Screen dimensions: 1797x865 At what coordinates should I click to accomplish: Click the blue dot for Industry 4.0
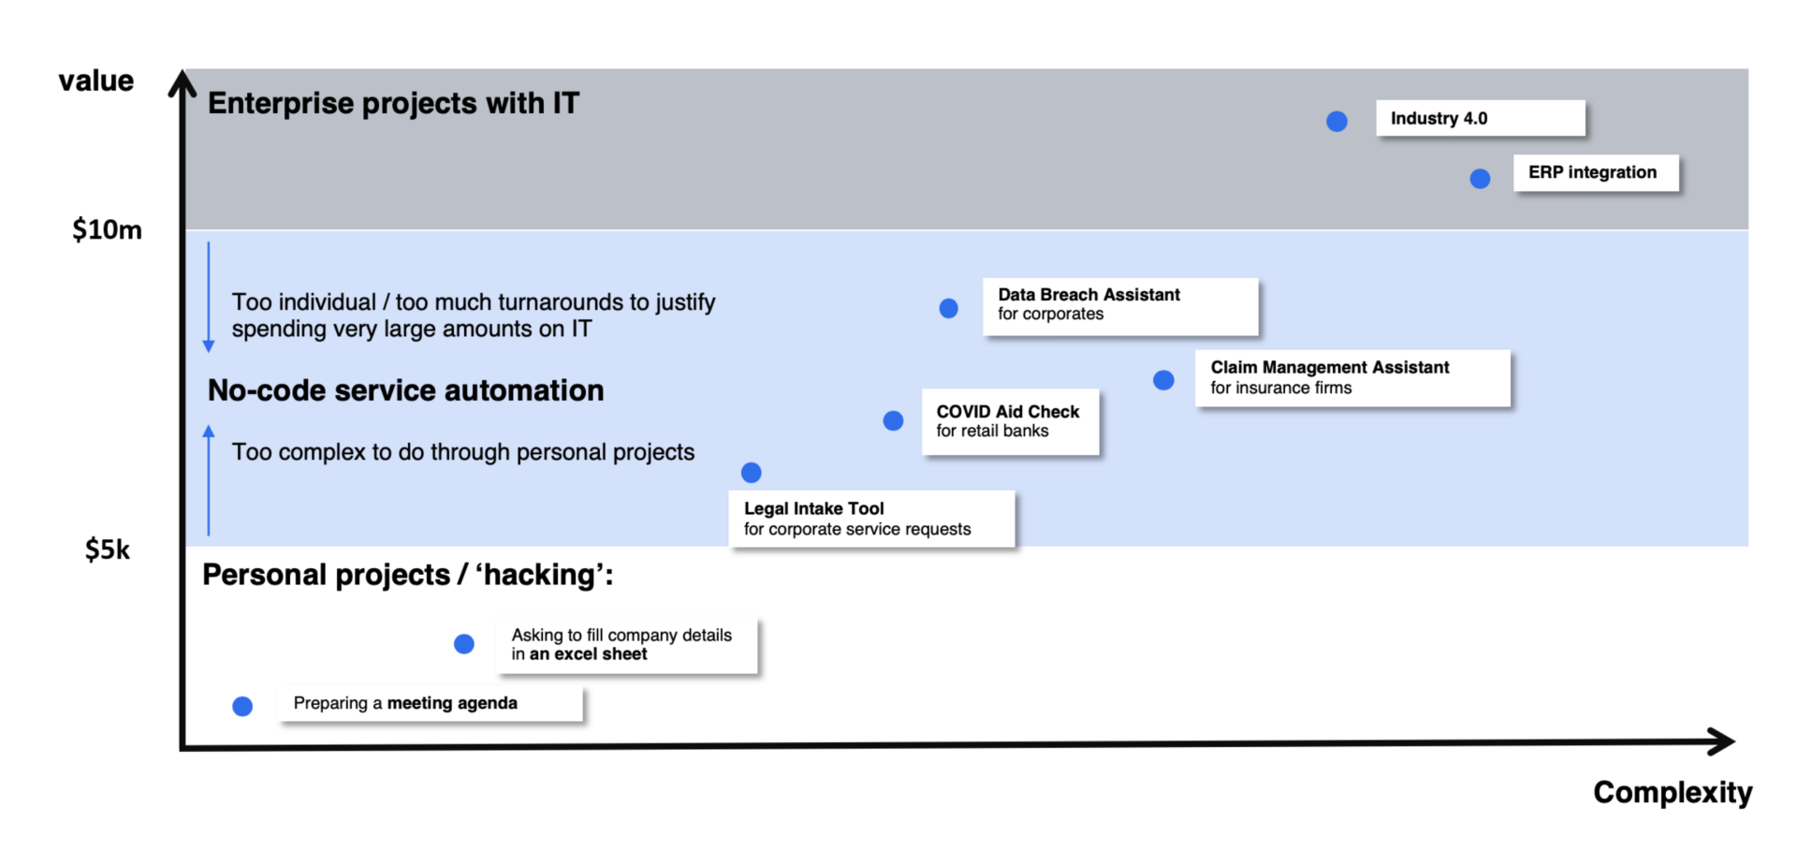coord(1337,121)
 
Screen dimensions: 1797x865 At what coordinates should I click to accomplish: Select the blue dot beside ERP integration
coord(1480,178)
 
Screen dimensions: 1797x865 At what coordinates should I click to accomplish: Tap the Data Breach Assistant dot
coord(948,308)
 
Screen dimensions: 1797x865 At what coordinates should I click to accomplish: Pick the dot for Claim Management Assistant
coord(1163,380)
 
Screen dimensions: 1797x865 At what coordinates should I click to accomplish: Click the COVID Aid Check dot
coord(893,420)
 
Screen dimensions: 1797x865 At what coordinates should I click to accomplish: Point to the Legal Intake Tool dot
coord(751,472)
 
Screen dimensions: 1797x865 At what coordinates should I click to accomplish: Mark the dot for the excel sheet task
coord(463,644)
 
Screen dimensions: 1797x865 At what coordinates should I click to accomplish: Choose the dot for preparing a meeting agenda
coord(242,706)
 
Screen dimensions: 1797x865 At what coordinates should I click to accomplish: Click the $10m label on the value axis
coord(107,230)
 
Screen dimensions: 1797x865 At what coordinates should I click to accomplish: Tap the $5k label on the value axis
coord(108,550)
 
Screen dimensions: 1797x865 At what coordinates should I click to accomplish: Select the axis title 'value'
coord(95,81)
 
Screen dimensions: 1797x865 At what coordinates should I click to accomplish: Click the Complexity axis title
coord(1673,793)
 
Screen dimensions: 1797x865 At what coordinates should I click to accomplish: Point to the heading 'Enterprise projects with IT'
coord(393,103)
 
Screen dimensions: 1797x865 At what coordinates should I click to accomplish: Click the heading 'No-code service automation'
coord(405,390)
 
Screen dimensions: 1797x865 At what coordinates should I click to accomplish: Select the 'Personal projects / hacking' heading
coord(408,575)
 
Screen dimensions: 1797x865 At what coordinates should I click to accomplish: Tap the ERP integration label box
coord(1596,173)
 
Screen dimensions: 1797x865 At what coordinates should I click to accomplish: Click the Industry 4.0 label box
coord(1481,119)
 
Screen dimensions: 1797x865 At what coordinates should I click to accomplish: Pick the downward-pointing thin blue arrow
coord(209,297)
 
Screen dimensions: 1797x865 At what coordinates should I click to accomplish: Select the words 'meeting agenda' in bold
coord(452,703)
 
